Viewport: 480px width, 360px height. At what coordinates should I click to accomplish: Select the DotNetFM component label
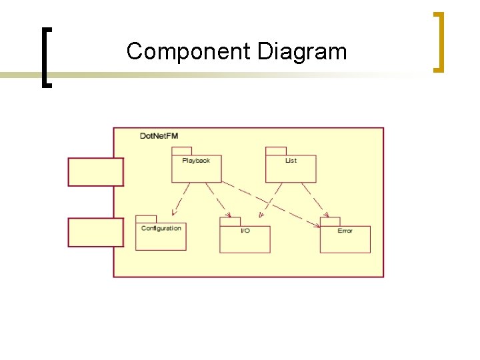159,136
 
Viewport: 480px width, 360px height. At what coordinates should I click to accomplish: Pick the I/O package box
245,239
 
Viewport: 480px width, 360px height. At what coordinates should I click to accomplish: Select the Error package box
345,239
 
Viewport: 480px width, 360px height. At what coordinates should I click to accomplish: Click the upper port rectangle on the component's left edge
95,172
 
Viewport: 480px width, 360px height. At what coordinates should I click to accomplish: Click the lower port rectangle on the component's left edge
95,233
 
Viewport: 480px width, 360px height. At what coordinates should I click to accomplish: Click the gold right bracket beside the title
438,41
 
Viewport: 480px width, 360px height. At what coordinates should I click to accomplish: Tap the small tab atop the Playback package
182,151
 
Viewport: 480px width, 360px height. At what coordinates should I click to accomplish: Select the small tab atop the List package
276,151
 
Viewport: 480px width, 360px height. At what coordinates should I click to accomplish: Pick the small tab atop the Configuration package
146,219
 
